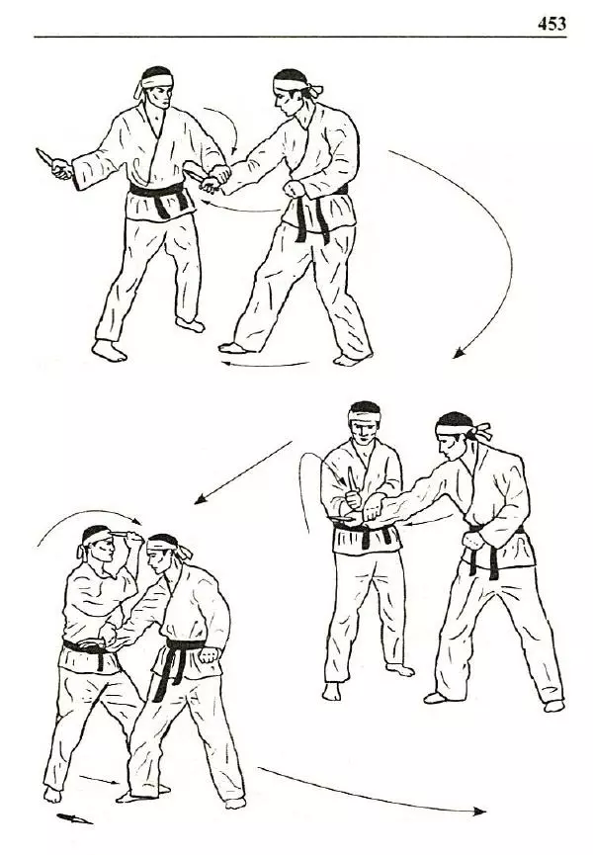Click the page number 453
point(551,24)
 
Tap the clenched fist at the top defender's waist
point(295,189)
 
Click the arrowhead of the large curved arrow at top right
point(459,353)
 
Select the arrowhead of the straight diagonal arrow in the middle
point(201,498)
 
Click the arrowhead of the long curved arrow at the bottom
point(479,812)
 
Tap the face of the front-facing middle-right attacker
point(364,431)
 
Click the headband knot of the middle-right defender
point(482,431)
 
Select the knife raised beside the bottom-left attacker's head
point(125,534)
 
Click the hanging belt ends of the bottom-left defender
point(167,672)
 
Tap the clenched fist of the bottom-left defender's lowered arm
point(209,654)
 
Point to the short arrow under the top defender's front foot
point(265,364)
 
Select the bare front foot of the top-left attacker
point(109,351)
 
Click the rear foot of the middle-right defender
point(553,706)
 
